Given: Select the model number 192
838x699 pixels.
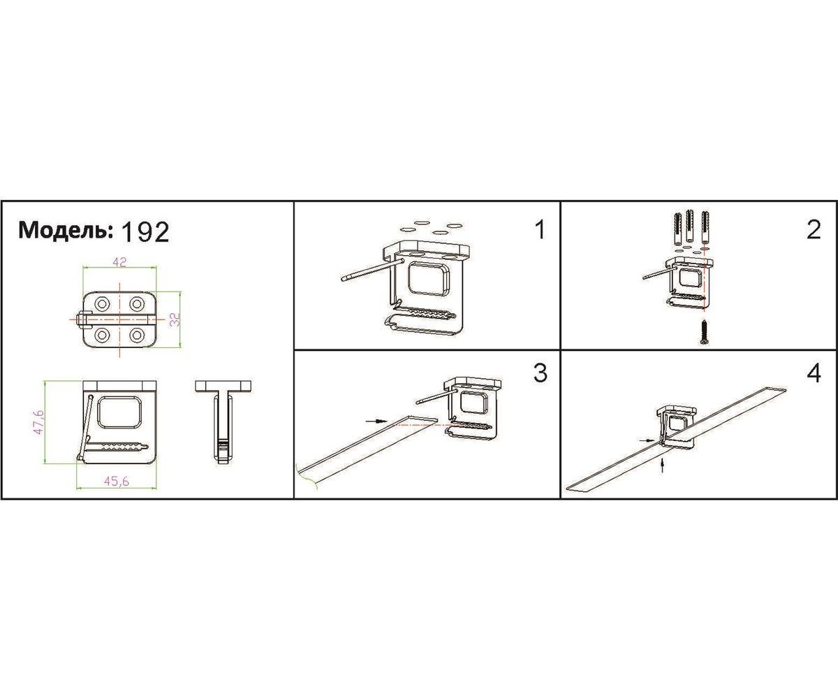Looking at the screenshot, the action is pyautogui.click(x=145, y=232).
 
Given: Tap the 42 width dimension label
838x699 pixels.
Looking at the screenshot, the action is pyautogui.click(x=119, y=262).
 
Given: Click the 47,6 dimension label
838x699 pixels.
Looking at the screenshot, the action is pyautogui.click(x=38, y=421).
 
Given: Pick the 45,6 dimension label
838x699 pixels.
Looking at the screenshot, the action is pyautogui.click(x=117, y=481).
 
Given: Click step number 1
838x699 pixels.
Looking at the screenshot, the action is pyautogui.click(x=541, y=230).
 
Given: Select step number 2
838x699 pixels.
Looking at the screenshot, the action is pyautogui.click(x=814, y=230).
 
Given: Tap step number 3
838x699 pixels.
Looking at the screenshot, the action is pyautogui.click(x=541, y=373).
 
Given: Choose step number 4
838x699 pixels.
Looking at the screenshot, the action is pyautogui.click(x=814, y=373).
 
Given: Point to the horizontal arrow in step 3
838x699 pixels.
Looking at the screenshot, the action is pyautogui.click(x=376, y=421).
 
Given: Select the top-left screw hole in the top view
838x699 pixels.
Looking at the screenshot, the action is pyautogui.click(x=101, y=304).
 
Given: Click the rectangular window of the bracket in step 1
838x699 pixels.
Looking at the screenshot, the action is pyautogui.click(x=428, y=279).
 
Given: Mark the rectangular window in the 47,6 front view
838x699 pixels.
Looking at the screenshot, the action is pyautogui.click(x=119, y=412).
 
